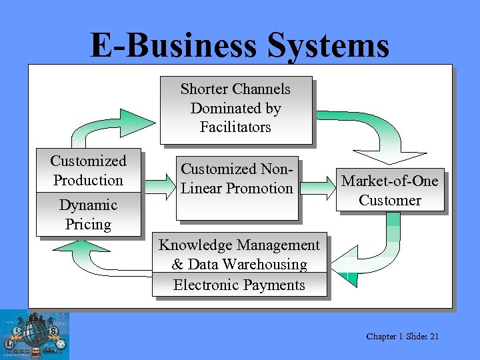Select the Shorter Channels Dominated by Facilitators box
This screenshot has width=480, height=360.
[235, 110]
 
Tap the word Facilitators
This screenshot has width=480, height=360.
[235, 127]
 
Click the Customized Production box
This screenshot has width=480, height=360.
[88, 170]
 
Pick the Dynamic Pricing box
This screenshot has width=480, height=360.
[88, 215]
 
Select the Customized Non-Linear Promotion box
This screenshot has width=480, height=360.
[237, 189]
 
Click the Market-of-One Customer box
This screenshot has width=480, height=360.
[390, 190]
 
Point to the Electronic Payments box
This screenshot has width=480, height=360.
[239, 285]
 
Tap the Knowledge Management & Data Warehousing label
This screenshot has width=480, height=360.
[239, 255]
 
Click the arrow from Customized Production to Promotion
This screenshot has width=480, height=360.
[158, 185]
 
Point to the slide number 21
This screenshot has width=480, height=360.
[434, 337]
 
